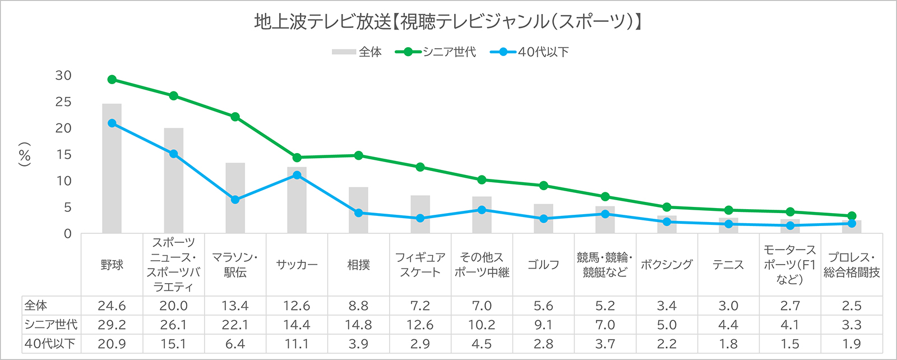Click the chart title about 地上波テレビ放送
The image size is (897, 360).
448,22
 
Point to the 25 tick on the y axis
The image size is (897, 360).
63,102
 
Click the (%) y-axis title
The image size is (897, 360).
25,154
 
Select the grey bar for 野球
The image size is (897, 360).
112,168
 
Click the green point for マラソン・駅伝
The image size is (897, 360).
235,117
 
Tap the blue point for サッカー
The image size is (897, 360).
297,175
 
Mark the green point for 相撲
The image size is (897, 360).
358,155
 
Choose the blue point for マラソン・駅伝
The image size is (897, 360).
235,200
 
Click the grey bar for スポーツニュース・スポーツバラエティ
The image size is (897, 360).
174,181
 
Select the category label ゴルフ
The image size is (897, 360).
543,265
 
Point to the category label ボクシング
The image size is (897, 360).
667,265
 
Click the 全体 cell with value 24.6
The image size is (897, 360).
112,306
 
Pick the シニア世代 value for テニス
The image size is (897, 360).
728,325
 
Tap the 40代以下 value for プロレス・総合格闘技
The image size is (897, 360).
852,344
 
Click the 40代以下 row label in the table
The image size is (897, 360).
50,344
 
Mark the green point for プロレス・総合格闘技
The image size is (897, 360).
852,216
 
